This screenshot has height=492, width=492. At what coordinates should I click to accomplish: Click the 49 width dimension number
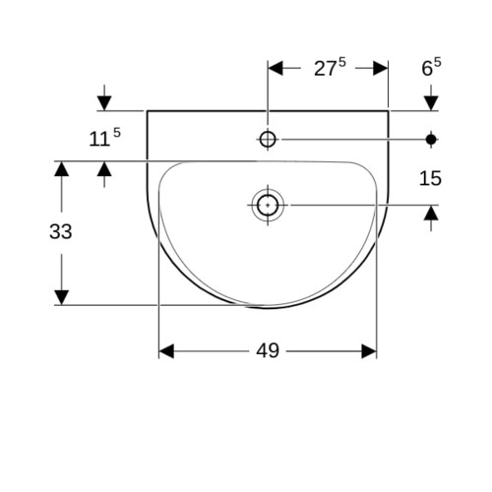[x=268, y=350]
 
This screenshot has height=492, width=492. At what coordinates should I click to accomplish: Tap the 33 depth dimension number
[x=61, y=231]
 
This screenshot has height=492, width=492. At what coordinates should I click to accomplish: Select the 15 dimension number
[x=430, y=179]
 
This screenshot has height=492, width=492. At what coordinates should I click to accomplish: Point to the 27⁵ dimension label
[x=330, y=68]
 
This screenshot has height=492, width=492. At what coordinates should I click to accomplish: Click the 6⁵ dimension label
[x=431, y=68]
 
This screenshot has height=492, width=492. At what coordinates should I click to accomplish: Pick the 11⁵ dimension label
[x=104, y=138]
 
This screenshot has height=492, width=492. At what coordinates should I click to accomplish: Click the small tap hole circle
[x=268, y=140]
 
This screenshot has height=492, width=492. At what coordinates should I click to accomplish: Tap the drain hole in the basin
[x=268, y=206]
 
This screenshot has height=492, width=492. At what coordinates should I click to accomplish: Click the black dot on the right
[x=431, y=140]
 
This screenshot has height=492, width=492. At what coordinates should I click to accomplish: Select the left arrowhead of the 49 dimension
[x=166, y=351]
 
